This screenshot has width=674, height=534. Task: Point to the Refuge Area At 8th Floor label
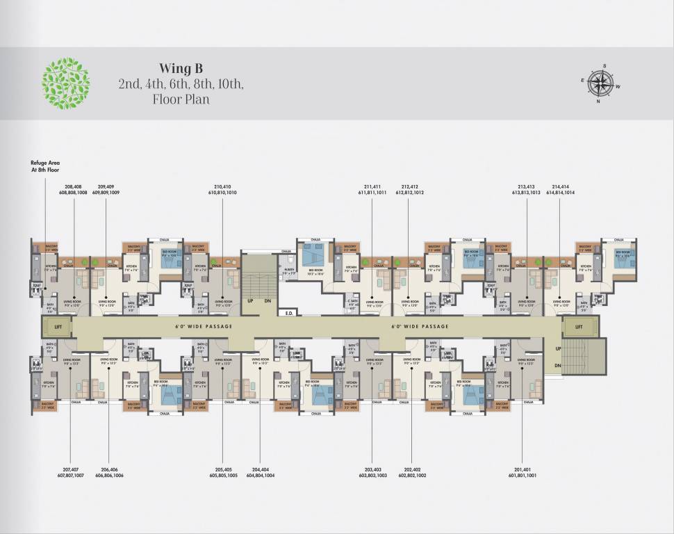pyautogui.click(x=45, y=165)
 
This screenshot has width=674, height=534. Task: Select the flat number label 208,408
pyautogui.click(x=73, y=187)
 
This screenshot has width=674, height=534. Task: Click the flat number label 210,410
pyautogui.click(x=222, y=187)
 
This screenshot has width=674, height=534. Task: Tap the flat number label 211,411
pyautogui.click(x=372, y=187)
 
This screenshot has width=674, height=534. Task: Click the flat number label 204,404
pyautogui.click(x=261, y=470)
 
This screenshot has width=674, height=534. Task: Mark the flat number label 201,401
pyautogui.click(x=522, y=470)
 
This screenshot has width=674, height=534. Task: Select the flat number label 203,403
pyautogui.click(x=372, y=470)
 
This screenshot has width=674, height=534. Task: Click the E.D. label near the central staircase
pyautogui.click(x=290, y=313)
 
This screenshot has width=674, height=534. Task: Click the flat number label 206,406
pyautogui.click(x=109, y=470)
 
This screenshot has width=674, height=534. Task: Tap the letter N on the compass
pyautogui.click(x=597, y=101)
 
